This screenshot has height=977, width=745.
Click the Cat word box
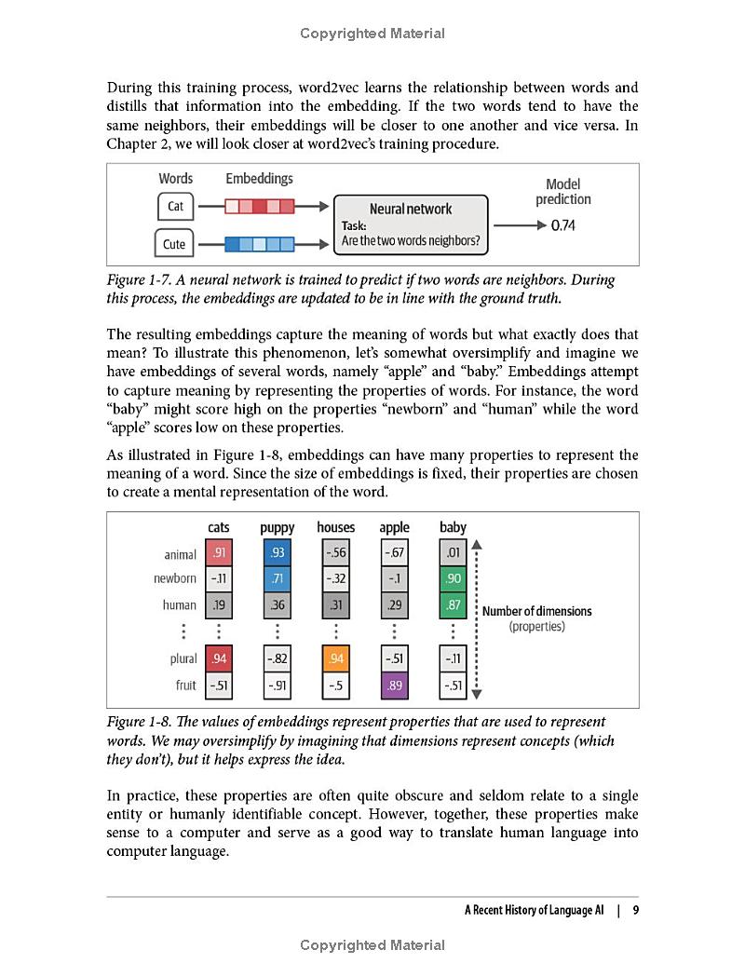point(175,206)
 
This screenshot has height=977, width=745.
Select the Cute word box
point(174,244)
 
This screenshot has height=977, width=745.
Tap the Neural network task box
point(411,224)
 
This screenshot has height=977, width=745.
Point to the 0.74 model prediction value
point(564,225)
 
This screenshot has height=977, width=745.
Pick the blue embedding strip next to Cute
point(260,244)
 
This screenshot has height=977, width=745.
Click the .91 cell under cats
point(219,553)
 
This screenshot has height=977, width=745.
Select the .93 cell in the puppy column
point(277,553)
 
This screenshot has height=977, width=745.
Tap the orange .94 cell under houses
point(335,658)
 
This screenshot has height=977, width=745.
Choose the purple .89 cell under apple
point(394,686)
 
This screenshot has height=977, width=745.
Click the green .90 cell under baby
point(454,578)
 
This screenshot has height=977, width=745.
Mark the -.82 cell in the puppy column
point(277,658)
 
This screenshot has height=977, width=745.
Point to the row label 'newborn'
point(175,578)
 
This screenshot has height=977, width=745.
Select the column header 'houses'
point(335,527)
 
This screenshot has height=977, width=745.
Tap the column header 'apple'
point(394,527)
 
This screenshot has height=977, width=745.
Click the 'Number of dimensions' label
point(536,611)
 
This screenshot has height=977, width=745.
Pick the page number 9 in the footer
point(635,911)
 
